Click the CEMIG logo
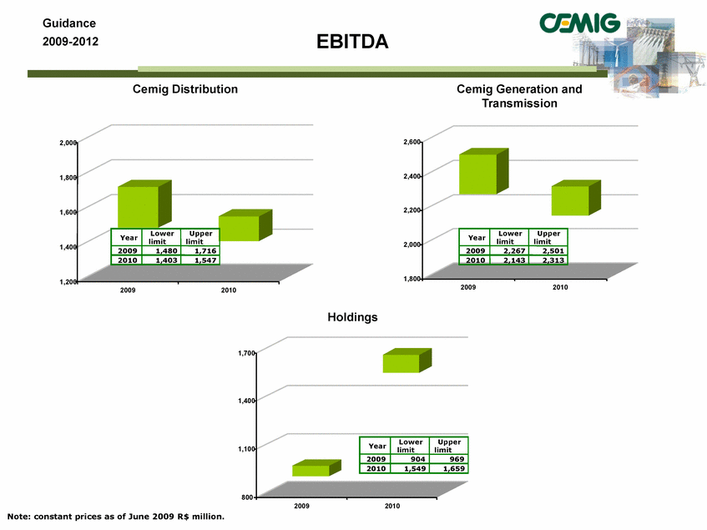click(x=579, y=23)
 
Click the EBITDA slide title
click(x=352, y=42)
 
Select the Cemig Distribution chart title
click(x=184, y=88)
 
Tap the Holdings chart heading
click(x=352, y=317)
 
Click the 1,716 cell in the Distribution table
click(x=200, y=250)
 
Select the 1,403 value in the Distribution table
click(x=161, y=260)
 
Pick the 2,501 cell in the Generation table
click(x=548, y=250)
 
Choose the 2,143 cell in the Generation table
click(x=509, y=260)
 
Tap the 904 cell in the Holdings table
click(x=410, y=459)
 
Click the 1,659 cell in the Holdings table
click(x=448, y=468)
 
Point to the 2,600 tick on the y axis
click(x=412, y=142)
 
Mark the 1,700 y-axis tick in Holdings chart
click(x=246, y=353)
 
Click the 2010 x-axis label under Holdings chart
click(x=391, y=506)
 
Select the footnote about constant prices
click(x=115, y=517)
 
